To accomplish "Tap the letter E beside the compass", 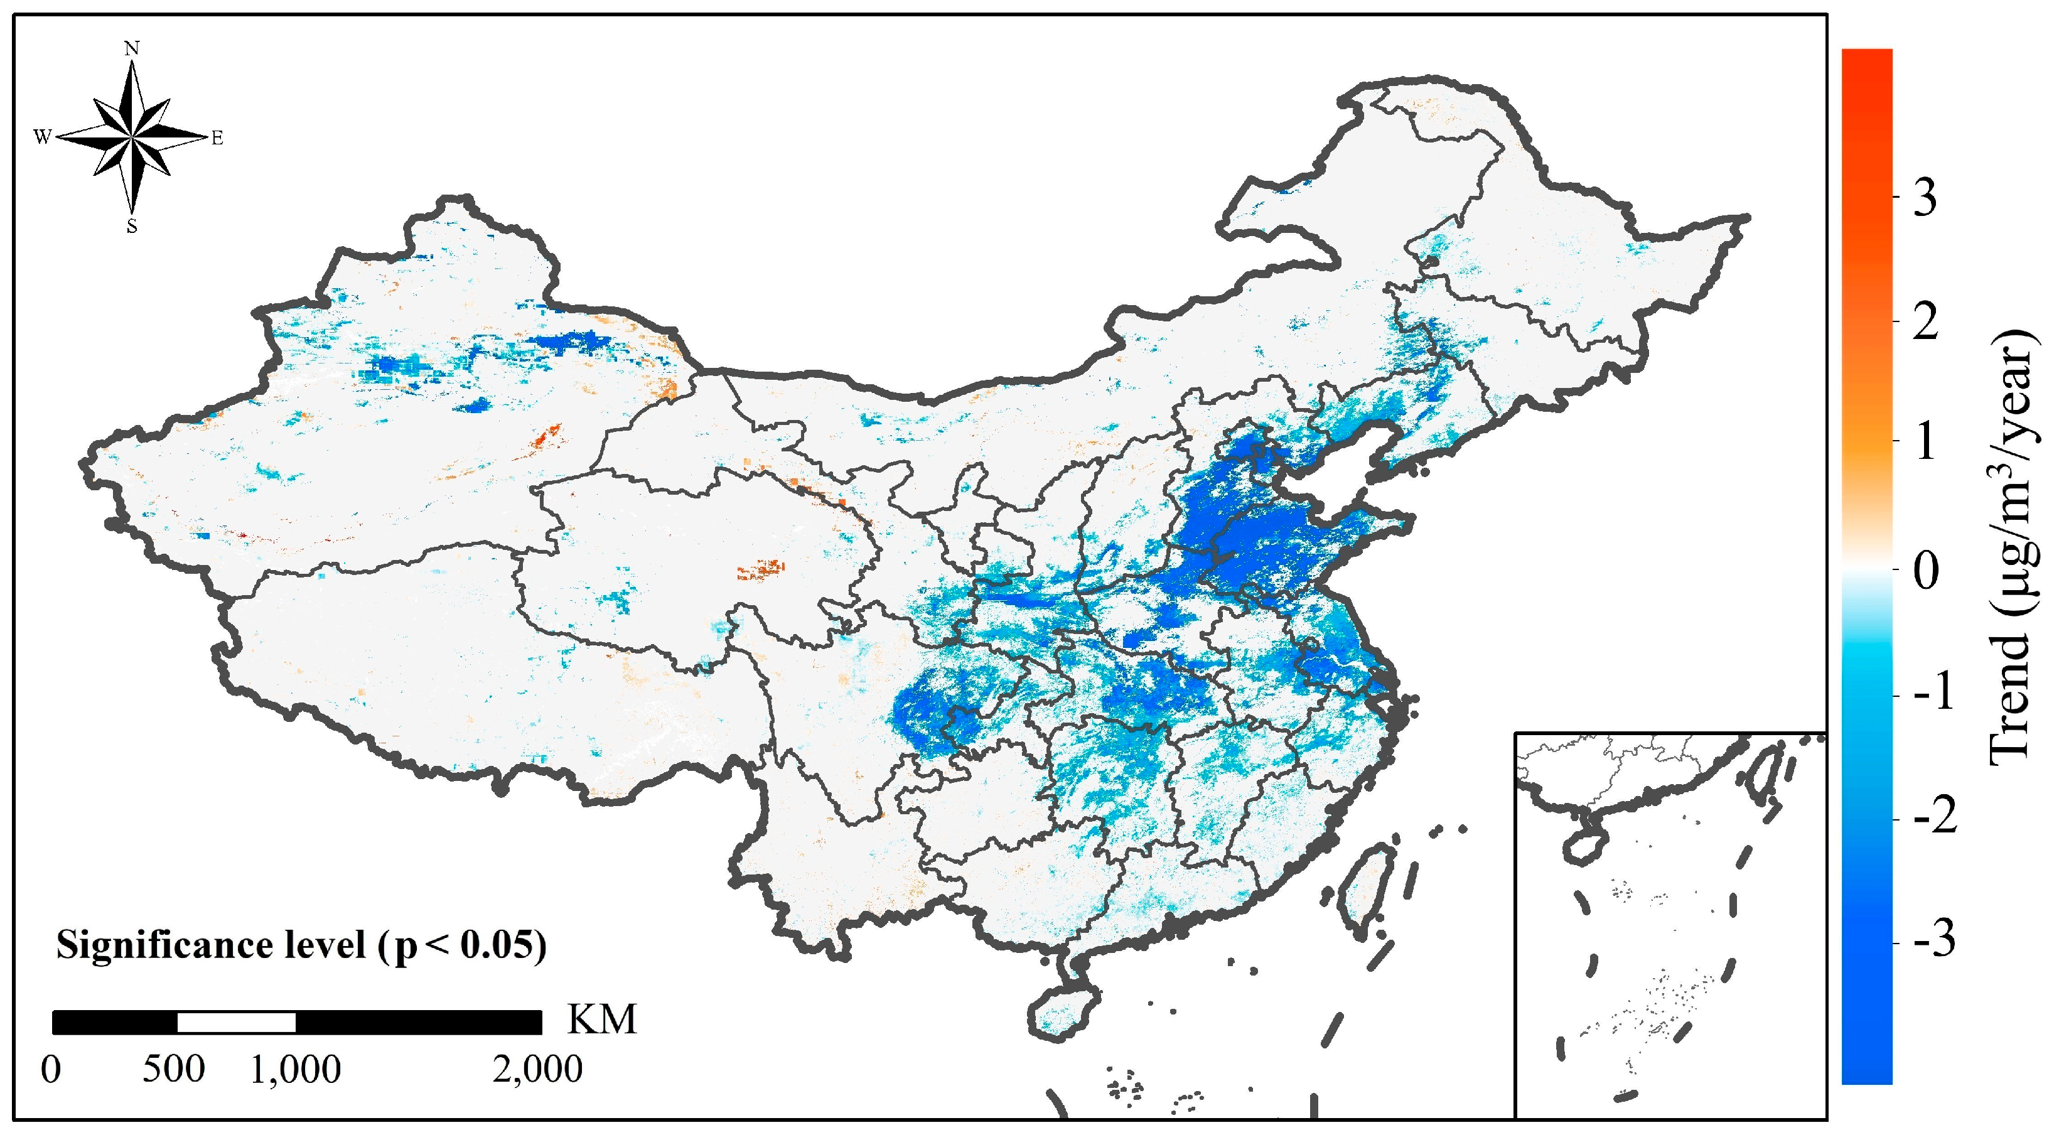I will point(217,139).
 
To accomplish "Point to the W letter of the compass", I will point(42,137).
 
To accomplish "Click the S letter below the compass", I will point(132,227).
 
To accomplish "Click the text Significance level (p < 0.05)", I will point(301,946).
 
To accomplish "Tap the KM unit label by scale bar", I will point(602,1019).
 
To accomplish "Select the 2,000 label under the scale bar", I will point(537,1069).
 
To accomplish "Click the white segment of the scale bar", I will point(236,1022).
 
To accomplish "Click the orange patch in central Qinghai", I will point(761,569).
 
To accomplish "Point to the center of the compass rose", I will point(132,137).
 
